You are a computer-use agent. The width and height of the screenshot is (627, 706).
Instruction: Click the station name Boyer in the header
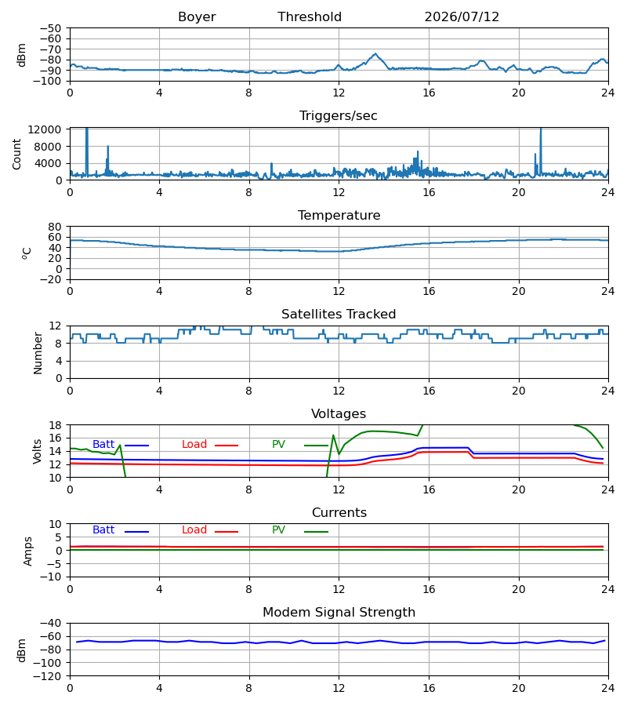(197, 17)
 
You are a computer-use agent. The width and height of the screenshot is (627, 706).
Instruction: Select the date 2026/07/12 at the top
(462, 17)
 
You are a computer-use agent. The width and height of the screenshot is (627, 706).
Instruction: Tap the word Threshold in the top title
(310, 17)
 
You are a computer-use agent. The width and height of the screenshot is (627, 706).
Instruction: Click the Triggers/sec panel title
(339, 116)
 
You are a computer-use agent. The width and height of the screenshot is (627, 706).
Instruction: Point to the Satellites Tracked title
(339, 315)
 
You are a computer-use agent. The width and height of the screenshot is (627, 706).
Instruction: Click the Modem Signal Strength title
(339, 613)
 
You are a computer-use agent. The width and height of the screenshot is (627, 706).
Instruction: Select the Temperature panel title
(339, 215)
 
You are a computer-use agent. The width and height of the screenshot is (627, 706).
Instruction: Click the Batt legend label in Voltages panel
(103, 445)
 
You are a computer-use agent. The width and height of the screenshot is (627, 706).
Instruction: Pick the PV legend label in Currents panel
(278, 530)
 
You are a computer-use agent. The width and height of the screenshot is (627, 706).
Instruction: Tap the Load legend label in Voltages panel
(194, 445)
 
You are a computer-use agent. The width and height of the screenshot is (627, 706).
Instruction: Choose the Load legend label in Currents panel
(194, 530)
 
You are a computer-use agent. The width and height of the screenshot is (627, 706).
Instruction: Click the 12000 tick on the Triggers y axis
(45, 129)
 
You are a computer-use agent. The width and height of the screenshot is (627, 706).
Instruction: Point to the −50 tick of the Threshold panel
(50, 28)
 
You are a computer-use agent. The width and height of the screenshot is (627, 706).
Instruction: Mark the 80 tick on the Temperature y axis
(55, 227)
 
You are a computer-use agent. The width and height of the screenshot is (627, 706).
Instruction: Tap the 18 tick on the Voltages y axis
(55, 425)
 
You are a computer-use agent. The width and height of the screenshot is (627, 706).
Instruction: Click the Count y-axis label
(16, 154)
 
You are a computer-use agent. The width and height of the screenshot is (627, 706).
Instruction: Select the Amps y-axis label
(28, 551)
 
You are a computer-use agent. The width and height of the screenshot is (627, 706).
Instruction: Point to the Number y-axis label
(38, 353)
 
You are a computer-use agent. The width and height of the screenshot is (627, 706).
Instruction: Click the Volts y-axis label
(37, 452)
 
